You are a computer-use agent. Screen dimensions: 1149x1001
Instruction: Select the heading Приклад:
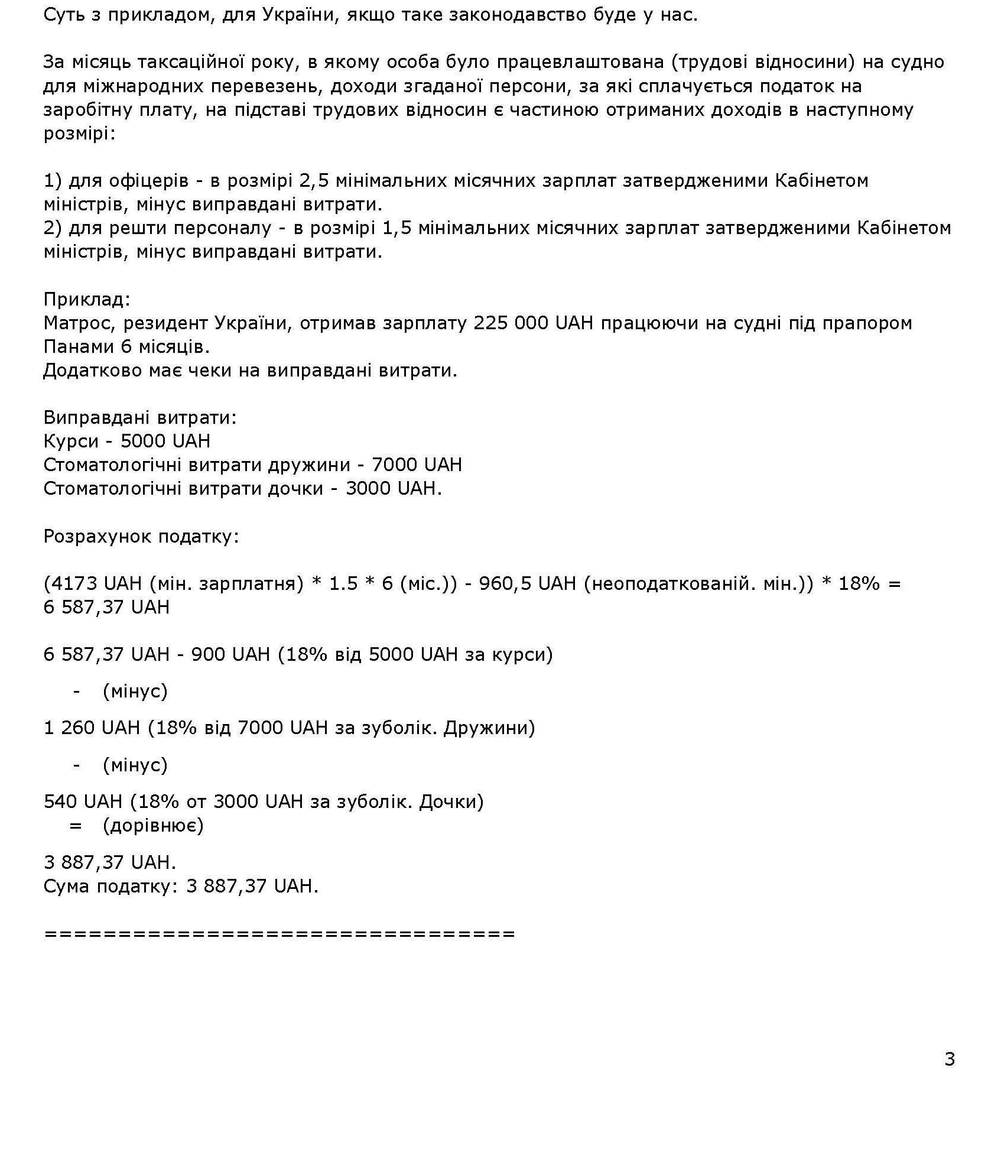coord(87,299)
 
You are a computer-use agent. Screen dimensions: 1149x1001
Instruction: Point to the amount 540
coord(61,801)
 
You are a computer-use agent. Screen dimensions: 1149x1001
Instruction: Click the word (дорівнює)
coord(153,825)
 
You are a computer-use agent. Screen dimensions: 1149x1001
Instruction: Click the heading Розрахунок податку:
coord(141,537)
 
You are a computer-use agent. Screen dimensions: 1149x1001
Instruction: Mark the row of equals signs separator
coord(279,934)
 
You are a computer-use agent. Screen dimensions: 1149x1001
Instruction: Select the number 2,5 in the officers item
coord(314,180)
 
